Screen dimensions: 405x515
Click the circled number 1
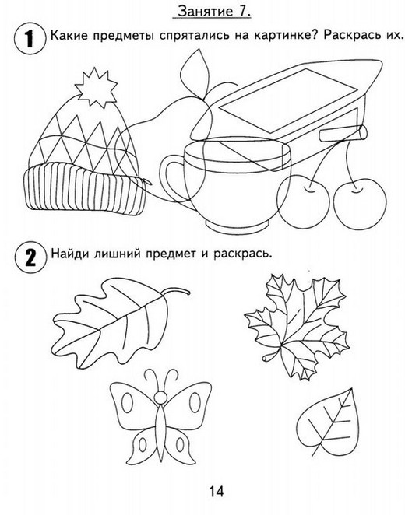tap(30, 38)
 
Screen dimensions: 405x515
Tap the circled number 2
tap(30, 257)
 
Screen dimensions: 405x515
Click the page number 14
tap(217, 492)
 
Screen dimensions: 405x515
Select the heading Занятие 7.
tap(213, 11)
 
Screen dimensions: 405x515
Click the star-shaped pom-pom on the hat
tap(96, 87)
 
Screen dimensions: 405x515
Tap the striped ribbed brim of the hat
tap(85, 190)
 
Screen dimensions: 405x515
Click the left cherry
tap(303, 201)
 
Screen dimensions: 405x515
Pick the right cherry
tap(361, 204)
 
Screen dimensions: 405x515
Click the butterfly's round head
tap(160, 397)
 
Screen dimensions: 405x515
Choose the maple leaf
tap(297, 328)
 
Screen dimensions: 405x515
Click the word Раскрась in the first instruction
tap(350, 36)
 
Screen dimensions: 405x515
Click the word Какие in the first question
tap(69, 35)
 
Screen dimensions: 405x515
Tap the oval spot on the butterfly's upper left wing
tap(128, 403)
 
